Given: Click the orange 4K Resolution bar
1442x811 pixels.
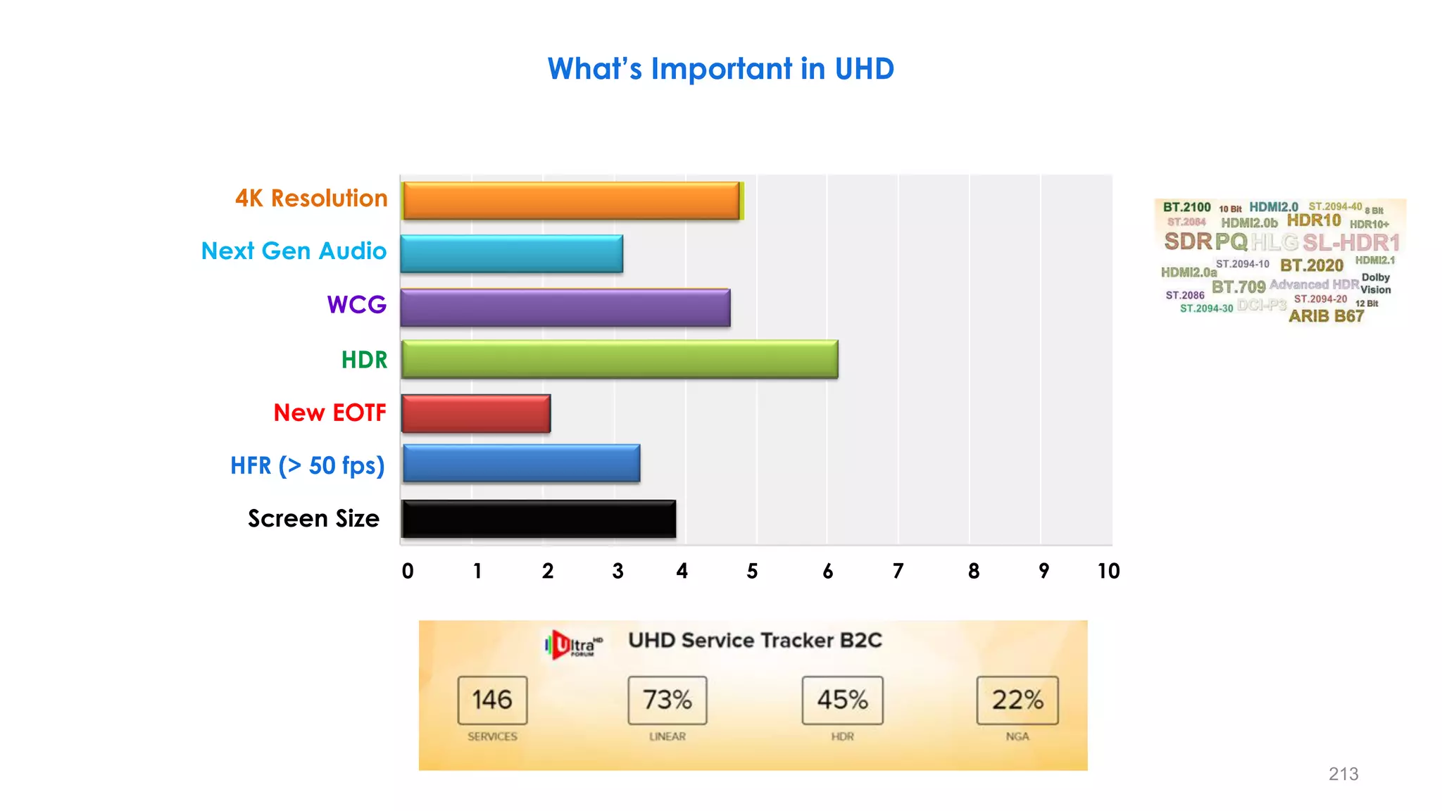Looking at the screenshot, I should tap(571, 201).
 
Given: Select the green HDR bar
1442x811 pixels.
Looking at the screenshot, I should tap(619, 359).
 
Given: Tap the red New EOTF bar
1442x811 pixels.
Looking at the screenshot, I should tap(476, 413).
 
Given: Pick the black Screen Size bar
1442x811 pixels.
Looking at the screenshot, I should tap(539, 519).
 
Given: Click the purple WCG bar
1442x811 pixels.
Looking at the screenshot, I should tap(565, 308).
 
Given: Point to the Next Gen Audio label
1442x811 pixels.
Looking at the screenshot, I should tap(294, 251).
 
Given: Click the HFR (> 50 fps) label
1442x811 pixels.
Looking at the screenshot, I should tap(307, 466).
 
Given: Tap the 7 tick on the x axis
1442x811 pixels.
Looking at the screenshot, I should tap(898, 571).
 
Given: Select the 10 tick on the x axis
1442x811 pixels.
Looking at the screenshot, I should tap(1108, 571).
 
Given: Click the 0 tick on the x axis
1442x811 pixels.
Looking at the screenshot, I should tap(408, 571).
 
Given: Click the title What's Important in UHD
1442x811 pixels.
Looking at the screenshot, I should tap(720, 69).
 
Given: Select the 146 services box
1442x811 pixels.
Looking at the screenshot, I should tap(492, 700).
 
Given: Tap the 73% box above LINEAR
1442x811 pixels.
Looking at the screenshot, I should tap(667, 700).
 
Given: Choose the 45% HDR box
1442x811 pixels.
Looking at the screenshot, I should tap(842, 700).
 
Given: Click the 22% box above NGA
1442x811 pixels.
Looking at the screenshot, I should tap(1017, 700).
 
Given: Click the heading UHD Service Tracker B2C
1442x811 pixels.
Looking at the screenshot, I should tap(755, 641).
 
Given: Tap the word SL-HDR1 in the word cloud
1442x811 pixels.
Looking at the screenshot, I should tap(1350, 243).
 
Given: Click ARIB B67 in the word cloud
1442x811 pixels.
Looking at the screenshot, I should tap(1326, 317).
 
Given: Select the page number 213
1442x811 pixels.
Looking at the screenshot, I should tap(1343, 774).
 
